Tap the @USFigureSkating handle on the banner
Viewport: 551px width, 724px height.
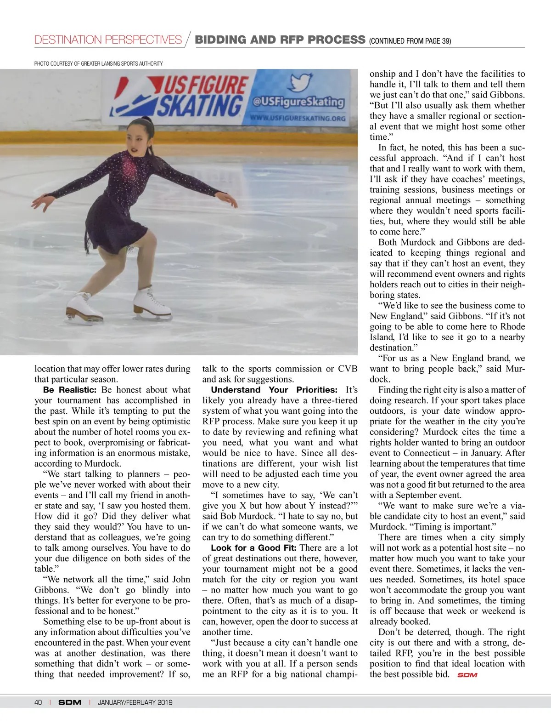click(298, 102)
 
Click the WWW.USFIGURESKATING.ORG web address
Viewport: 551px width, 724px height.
click(298, 118)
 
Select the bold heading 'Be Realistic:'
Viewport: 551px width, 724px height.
click(70, 390)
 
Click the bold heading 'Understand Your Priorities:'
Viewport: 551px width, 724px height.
click(274, 390)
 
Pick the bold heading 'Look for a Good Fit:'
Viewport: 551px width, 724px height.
click(253, 548)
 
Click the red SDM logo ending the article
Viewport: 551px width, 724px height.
click(467, 675)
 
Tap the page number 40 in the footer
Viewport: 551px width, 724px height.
click(38, 702)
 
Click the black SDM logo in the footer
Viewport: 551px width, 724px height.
click(70, 702)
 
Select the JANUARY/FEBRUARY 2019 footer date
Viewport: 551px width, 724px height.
click(135, 702)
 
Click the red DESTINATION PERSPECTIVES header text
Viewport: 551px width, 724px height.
click(108, 40)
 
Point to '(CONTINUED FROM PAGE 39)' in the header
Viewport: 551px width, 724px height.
click(410, 41)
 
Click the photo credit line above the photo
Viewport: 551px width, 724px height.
click(98, 63)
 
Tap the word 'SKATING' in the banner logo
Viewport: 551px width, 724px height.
click(200, 106)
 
